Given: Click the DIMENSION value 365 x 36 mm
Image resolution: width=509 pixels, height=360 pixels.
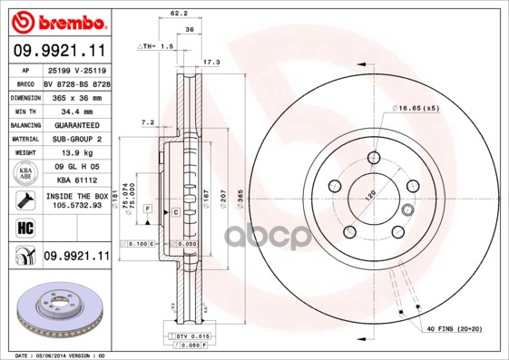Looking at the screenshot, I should [x=75, y=96].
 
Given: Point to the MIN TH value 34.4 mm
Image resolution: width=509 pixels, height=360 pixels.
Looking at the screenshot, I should [x=75, y=111].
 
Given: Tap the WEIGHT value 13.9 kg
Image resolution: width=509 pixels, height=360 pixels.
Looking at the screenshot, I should [x=75, y=154].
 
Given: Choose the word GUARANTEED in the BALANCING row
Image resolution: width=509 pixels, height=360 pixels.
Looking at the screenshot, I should [x=75, y=125].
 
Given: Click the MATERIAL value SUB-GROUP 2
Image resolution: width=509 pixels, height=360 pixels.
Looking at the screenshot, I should [x=75, y=140].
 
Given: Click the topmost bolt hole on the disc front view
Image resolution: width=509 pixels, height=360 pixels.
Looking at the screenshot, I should [x=374, y=157].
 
